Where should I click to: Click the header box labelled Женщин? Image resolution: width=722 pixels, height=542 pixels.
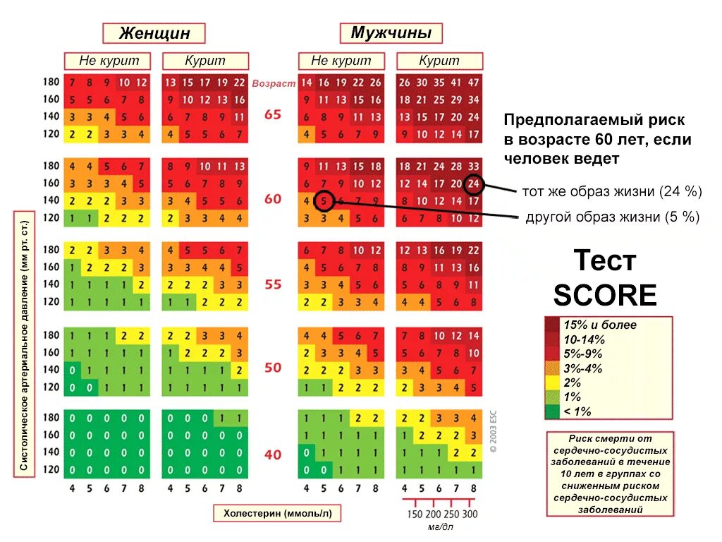click(154, 33)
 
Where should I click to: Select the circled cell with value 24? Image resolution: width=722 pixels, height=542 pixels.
click(475, 184)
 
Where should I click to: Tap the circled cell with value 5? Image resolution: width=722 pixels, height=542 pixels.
click(323, 201)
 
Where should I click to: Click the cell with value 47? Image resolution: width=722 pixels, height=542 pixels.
click(474, 83)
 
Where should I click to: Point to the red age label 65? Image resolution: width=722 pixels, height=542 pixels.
click(273, 114)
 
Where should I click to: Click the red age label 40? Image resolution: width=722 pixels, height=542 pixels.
click(273, 454)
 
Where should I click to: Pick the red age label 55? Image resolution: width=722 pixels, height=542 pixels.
click(273, 284)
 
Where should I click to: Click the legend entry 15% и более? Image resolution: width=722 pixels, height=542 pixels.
click(599, 325)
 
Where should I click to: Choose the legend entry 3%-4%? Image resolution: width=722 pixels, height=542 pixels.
click(582, 368)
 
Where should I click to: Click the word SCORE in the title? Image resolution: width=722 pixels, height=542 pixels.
click(604, 295)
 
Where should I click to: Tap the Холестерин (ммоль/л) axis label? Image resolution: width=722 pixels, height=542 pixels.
click(276, 514)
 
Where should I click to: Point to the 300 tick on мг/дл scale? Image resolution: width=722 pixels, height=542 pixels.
click(470, 514)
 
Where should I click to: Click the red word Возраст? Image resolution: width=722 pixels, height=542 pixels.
click(274, 83)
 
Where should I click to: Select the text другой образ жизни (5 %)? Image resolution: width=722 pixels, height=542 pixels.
click(612, 217)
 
